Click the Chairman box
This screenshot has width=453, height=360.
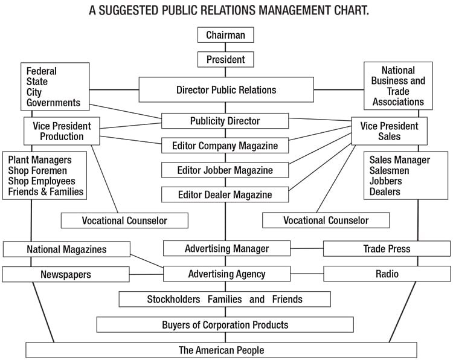(226, 35)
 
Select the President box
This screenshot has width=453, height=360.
(226, 60)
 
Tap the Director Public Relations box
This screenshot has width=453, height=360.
(226, 89)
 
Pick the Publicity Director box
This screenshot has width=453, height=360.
(225, 121)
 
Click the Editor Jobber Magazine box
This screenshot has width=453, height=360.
(225, 170)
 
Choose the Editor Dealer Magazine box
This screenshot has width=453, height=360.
(225, 194)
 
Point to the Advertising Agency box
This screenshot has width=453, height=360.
(226, 274)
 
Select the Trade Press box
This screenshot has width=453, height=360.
(387, 249)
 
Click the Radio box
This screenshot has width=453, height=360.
(387, 274)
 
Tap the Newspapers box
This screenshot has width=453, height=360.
(66, 274)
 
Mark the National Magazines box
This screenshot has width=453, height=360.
(66, 249)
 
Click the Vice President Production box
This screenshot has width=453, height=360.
(62, 131)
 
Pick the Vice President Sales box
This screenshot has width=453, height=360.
(389, 131)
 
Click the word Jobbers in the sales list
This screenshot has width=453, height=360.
(386, 181)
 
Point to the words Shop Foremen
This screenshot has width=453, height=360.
(37, 170)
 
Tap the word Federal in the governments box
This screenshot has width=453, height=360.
(41, 71)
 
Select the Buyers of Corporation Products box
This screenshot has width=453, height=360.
(225, 324)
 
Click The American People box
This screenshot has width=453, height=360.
(221, 350)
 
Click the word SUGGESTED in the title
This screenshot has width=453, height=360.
(129, 10)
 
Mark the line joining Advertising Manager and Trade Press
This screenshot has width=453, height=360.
(307, 248)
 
